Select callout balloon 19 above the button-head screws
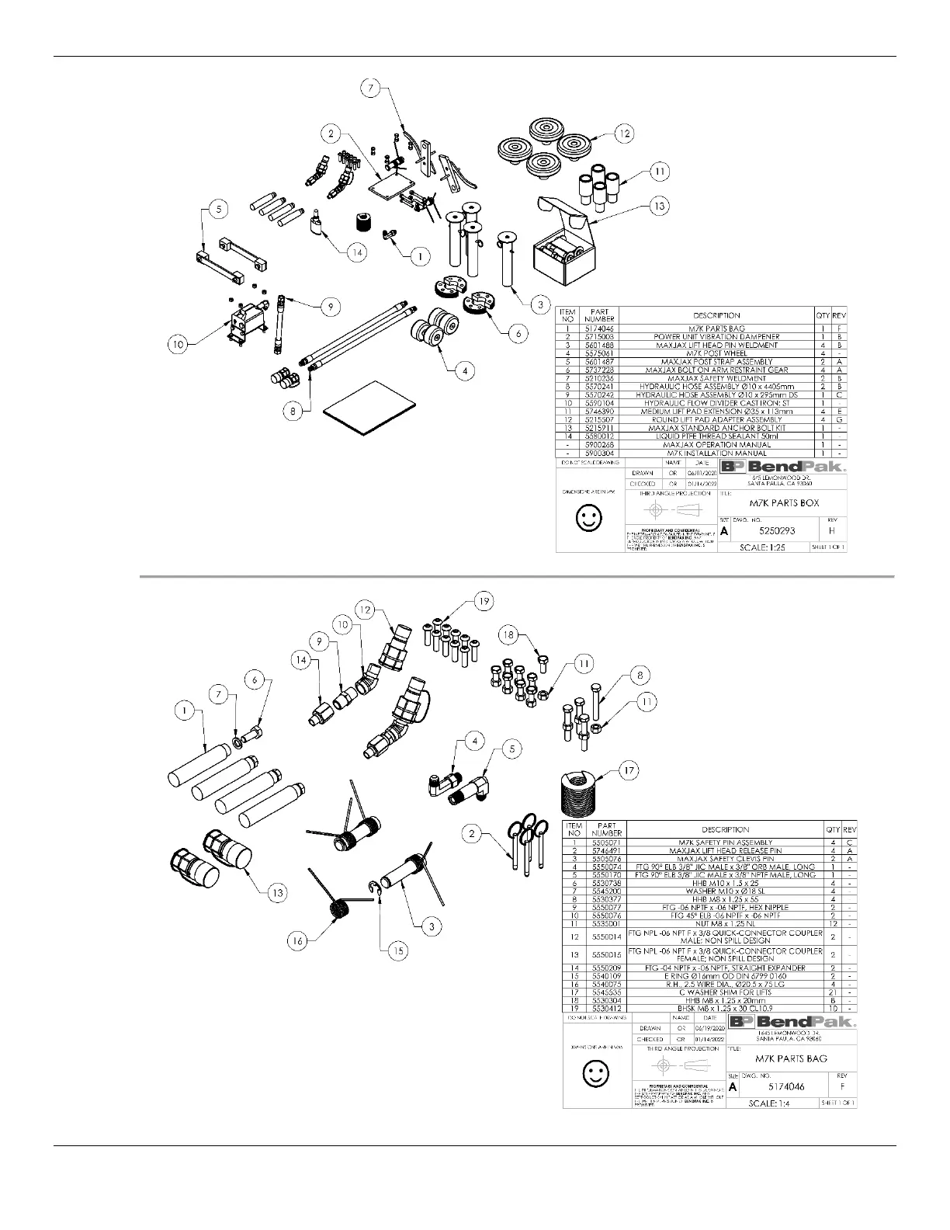point(483,601)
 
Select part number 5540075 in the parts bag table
point(606,984)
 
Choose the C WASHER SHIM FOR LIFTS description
point(724,992)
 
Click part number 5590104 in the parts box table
point(599,403)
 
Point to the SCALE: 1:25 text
point(768,547)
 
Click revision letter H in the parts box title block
point(832,531)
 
